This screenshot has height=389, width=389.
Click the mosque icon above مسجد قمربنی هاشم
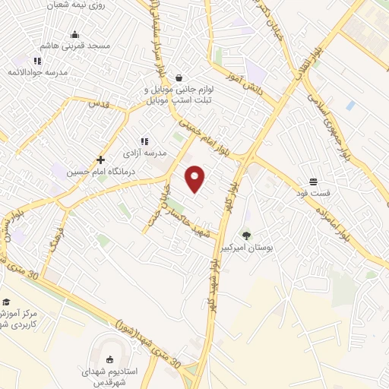point(74,34)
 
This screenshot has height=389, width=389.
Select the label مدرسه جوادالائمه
point(39,72)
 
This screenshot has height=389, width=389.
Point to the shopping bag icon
point(178,77)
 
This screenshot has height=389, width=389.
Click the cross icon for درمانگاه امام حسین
point(100,160)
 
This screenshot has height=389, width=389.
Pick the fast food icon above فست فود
point(313,182)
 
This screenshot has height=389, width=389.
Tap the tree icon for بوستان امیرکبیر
point(245,235)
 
